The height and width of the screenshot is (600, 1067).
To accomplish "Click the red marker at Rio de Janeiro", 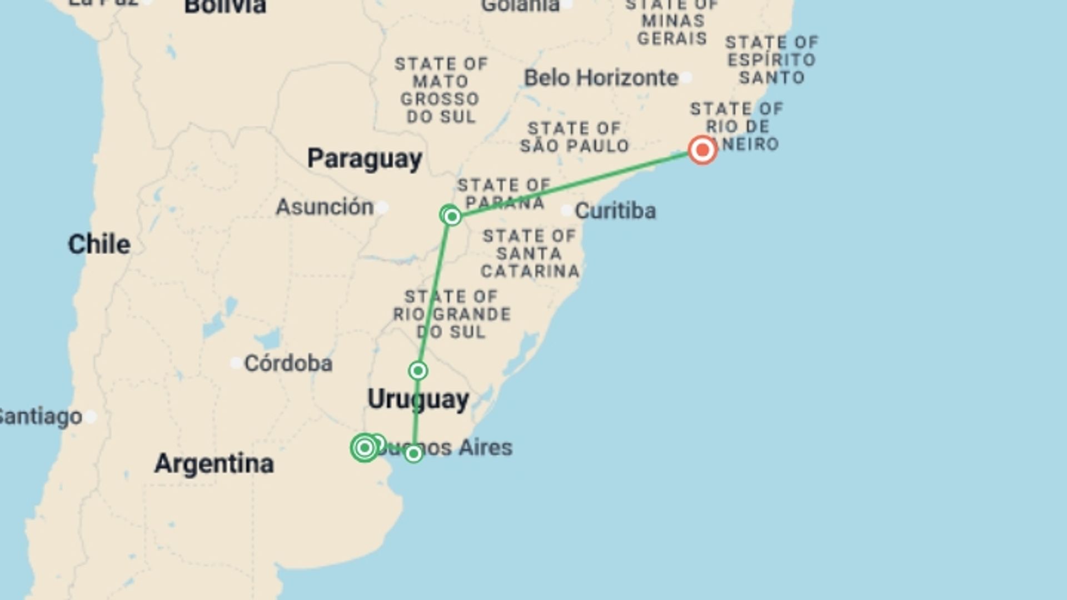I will (702, 150).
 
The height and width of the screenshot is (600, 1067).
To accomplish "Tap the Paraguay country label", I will (365, 159).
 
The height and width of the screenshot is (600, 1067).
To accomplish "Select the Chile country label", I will (99, 244).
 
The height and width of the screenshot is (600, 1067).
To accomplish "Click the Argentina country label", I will (214, 463).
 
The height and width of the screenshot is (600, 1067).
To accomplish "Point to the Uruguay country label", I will (418, 399).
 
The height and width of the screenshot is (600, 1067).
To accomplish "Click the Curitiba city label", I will (615, 211).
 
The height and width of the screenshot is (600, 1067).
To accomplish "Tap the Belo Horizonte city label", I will (601, 78).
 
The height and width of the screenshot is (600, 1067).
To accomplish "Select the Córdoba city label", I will (288, 363).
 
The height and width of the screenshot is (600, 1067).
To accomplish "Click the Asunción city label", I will (325, 207).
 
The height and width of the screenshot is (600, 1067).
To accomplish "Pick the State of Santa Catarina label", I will (530, 254).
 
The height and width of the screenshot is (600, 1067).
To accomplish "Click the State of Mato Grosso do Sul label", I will (441, 90).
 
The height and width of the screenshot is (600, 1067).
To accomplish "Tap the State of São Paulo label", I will (574, 137).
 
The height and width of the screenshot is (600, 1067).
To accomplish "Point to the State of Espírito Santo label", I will (771, 60).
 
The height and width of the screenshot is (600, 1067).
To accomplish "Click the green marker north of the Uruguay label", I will (418, 371).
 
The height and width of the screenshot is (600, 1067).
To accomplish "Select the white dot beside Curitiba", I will (566, 211).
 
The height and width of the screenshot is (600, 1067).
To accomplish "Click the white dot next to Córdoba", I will (236, 363).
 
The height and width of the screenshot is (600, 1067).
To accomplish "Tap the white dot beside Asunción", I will (382, 208).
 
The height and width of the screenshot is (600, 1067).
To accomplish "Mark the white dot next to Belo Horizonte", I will (687, 78).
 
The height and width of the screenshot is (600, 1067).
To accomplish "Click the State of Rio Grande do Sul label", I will (451, 314).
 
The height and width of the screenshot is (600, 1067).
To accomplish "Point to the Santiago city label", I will (40, 416).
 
